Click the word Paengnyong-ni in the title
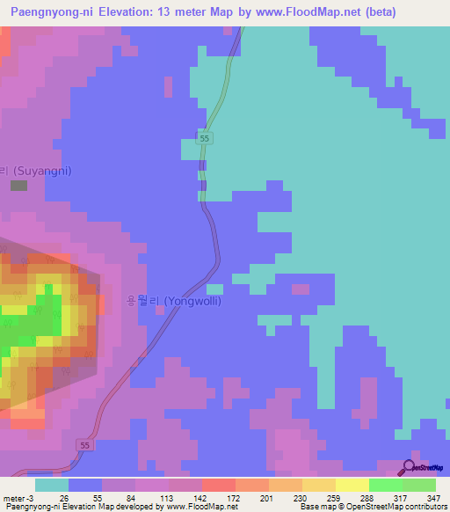[x=52, y=12]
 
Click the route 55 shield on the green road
[x=204, y=139]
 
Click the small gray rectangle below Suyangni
[x=18, y=186]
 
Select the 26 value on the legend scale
[x=63, y=499]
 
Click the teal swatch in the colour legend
[x=51, y=485]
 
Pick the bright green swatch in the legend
[x=385, y=485]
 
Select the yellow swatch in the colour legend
[x=352, y=485]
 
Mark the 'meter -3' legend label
[x=18, y=499]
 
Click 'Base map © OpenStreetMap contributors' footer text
[x=374, y=508]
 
